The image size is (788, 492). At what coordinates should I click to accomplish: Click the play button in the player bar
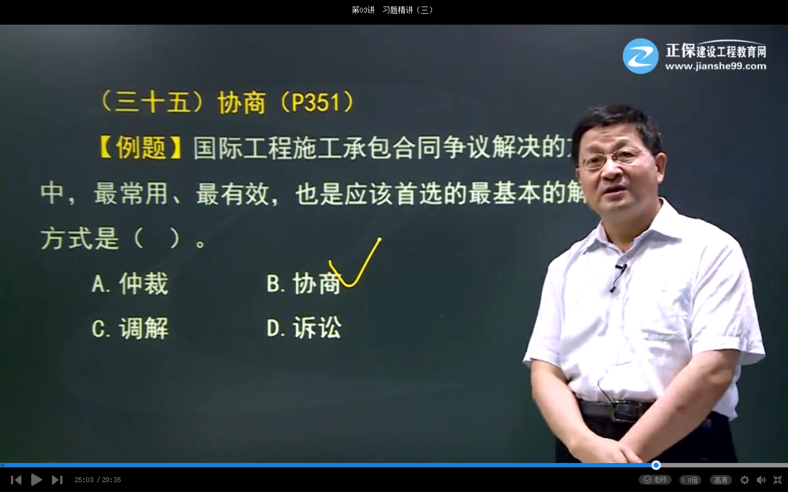(x=37, y=480)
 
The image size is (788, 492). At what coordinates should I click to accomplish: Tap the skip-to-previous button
(x=16, y=480)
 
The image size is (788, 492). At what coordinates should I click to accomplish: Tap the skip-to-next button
(x=57, y=480)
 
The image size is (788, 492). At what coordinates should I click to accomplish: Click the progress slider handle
(x=656, y=465)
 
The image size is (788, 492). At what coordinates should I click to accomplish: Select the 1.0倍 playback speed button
(x=689, y=480)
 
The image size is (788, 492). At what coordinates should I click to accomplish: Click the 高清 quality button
(x=721, y=480)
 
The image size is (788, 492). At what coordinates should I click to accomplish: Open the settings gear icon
(x=745, y=480)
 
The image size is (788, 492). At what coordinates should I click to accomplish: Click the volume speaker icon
(x=761, y=480)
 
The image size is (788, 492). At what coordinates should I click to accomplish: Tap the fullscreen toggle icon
(x=778, y=480)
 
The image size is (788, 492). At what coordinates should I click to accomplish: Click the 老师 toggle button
(x=655, y=480)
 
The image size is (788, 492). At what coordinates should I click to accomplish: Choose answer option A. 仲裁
(x=130, y=284)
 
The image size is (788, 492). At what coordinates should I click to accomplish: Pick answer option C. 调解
(x=130, y=329)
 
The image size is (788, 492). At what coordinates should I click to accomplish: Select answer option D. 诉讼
(x=304, y=328)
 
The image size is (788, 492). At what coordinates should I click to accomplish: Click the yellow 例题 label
(x=141, y=148)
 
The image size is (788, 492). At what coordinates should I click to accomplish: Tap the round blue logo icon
(x=640, y=56)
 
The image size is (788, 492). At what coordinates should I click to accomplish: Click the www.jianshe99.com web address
(x=716, y=66)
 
